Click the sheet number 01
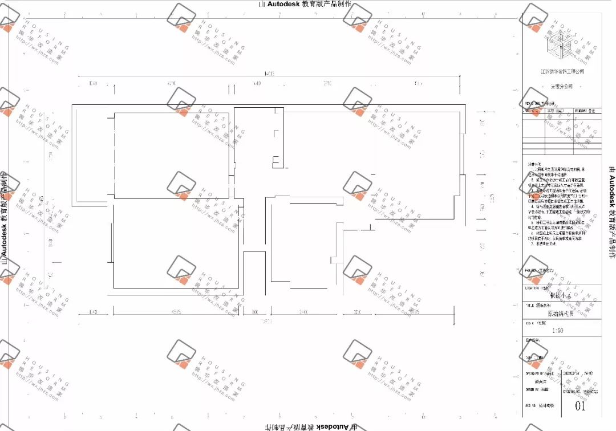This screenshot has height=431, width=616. (x=580, y=406)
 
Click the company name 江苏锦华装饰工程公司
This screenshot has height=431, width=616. (x=562, y=72)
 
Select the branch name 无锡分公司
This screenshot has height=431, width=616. (x=562, y=87)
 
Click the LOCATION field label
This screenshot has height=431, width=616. (x=537, y=288)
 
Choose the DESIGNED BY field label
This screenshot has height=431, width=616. (x=539, y=374)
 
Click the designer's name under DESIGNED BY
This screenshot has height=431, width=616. (x=541, y=382)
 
